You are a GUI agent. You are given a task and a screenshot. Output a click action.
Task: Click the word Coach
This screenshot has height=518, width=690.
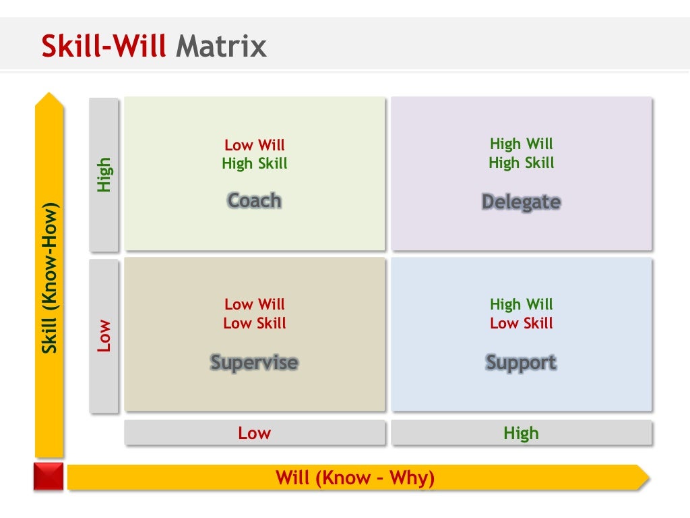click(254, 200)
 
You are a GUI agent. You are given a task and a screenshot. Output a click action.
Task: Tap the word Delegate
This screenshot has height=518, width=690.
click(521, 202)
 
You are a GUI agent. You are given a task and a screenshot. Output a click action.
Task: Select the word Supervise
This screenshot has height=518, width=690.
click(254, 362)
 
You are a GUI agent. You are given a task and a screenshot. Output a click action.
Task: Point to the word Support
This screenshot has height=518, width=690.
click(521, 362)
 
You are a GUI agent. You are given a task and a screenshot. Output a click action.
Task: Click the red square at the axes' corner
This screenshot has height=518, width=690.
click(49, 476)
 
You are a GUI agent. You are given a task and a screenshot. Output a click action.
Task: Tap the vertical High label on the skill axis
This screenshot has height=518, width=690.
click(104, 175)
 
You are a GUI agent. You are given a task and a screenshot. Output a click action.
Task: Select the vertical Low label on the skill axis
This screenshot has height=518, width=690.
click(104, 336)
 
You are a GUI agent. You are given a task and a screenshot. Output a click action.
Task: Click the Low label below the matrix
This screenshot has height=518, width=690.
click(254, 433)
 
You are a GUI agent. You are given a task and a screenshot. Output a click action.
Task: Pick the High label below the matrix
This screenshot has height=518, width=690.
click(521, 433)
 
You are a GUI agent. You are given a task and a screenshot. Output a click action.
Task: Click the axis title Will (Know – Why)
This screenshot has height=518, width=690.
click(355, 478)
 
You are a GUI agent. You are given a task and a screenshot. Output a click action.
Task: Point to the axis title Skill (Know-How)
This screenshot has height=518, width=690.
click(49, 277)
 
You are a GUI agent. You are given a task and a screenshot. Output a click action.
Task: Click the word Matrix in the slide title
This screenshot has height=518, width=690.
click(221, 47)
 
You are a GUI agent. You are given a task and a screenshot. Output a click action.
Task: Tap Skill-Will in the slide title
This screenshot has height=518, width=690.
click(104, 47)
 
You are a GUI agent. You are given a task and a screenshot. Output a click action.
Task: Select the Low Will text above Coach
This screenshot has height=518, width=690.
click(254, 145)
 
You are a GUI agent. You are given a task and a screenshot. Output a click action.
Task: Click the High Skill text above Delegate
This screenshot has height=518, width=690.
click(521, 163)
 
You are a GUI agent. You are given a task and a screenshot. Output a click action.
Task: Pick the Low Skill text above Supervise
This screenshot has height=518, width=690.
click(254, 323)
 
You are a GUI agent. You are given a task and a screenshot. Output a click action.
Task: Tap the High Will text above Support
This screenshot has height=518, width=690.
click(521, 304)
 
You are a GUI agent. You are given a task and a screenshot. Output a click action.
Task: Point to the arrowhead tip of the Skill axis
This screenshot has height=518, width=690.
click(49, 96)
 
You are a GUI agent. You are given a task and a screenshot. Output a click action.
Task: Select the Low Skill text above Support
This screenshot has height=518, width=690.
click(521, 323)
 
